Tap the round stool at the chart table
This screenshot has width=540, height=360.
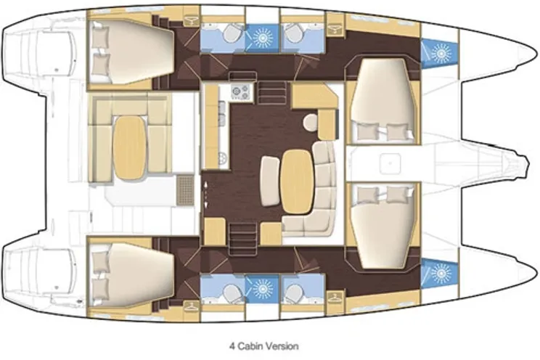click(x=311, y=122)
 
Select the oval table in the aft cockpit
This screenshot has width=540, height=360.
click(x=131, y=140)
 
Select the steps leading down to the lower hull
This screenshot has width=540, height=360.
click(x=240, y=234)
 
